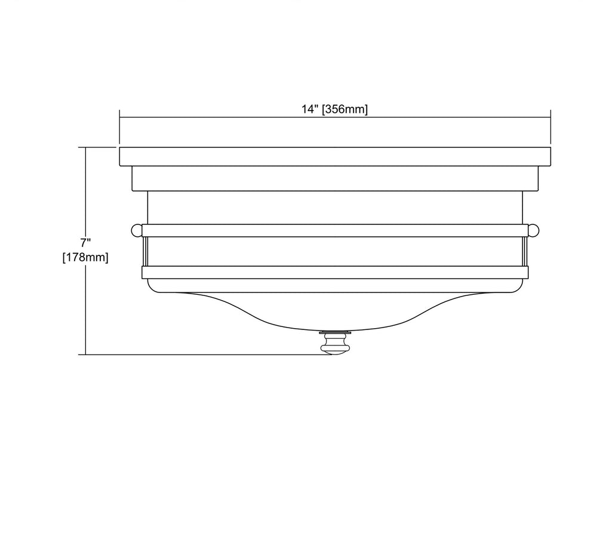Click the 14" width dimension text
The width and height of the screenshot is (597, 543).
point(309,109)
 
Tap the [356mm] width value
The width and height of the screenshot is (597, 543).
point(345,110)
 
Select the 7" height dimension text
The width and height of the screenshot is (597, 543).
point(85,242)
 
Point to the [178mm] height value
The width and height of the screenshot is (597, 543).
point(85,258)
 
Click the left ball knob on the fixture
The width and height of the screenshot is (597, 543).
point(136,230)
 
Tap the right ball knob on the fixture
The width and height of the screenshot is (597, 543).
point(533,230)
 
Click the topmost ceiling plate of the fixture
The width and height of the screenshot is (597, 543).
point(335,156)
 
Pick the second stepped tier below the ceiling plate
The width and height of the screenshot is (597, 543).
point(335,178)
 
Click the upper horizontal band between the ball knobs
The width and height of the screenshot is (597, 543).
point(335,230)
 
